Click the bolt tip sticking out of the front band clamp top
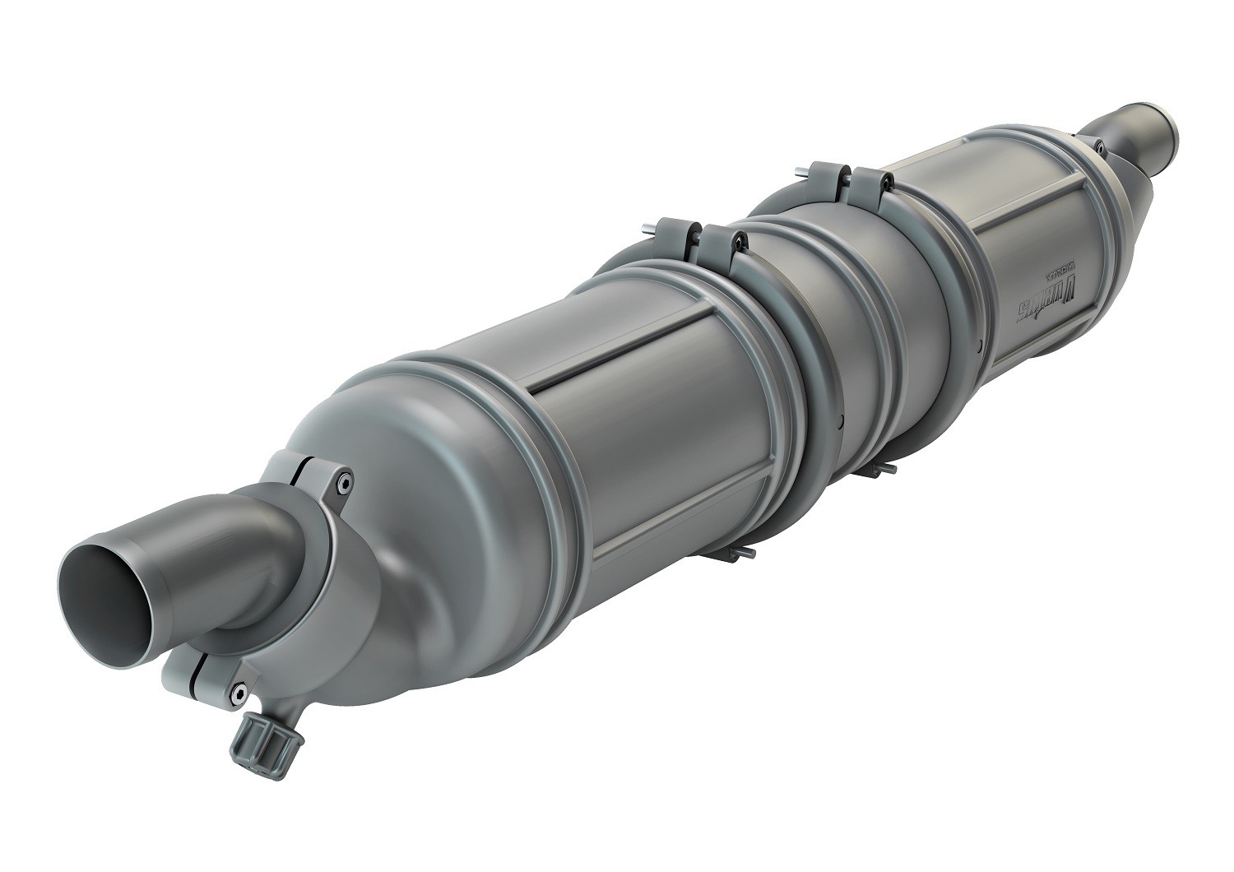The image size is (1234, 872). click(x=650, y=230)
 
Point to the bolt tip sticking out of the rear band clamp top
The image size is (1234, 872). click(x=801, y=173)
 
